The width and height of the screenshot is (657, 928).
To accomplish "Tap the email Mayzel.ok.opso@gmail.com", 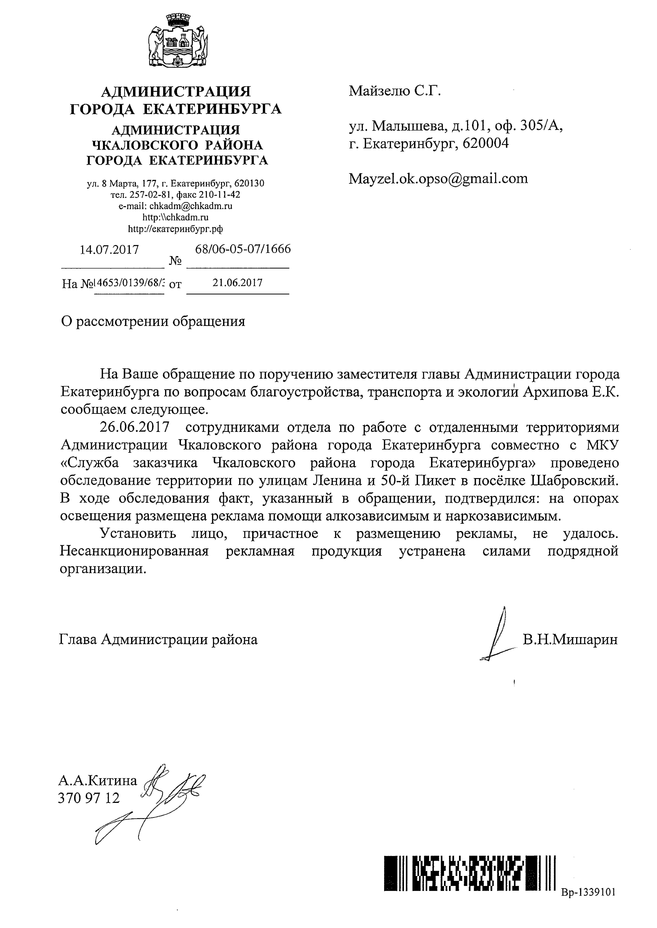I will pyautogui.click(x=438, y=178).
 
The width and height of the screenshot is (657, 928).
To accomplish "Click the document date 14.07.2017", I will pyautogui.click(x=109, y=249).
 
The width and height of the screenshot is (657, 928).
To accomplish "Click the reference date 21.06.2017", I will pyautogui.click(x=238, y=282).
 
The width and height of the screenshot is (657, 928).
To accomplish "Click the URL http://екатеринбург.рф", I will pyautogui.click(x=176, y=229).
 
